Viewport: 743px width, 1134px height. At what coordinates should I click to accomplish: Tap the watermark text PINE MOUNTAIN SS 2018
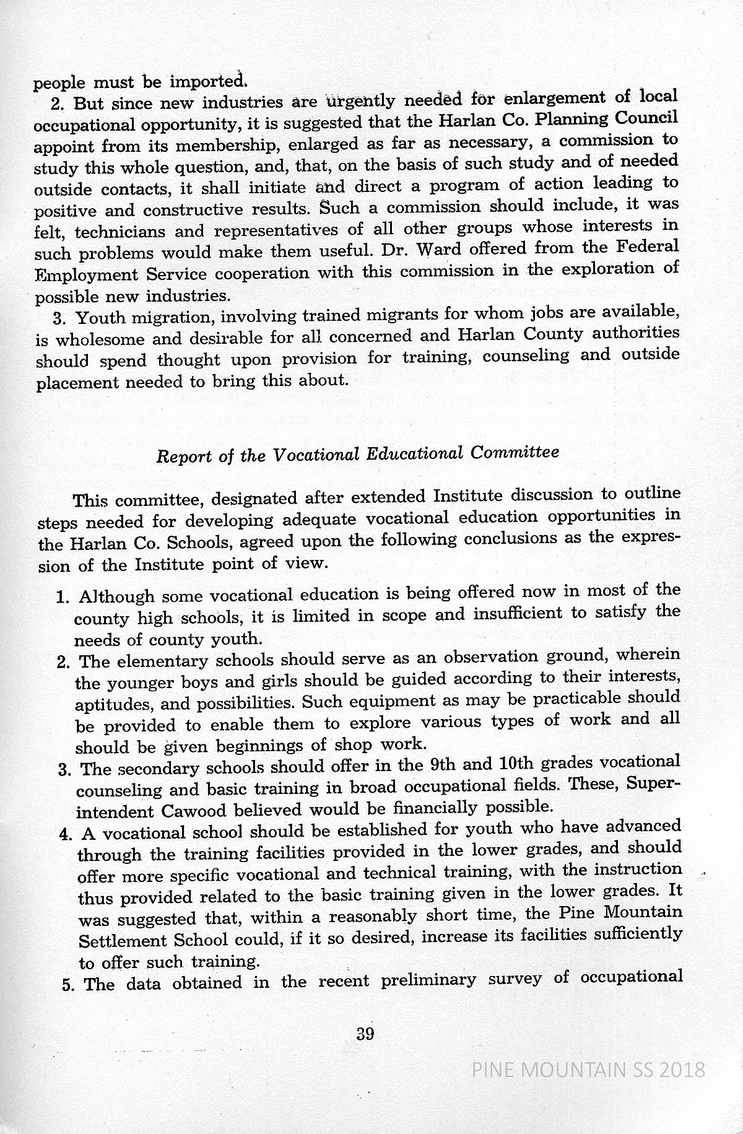[588, 1070]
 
